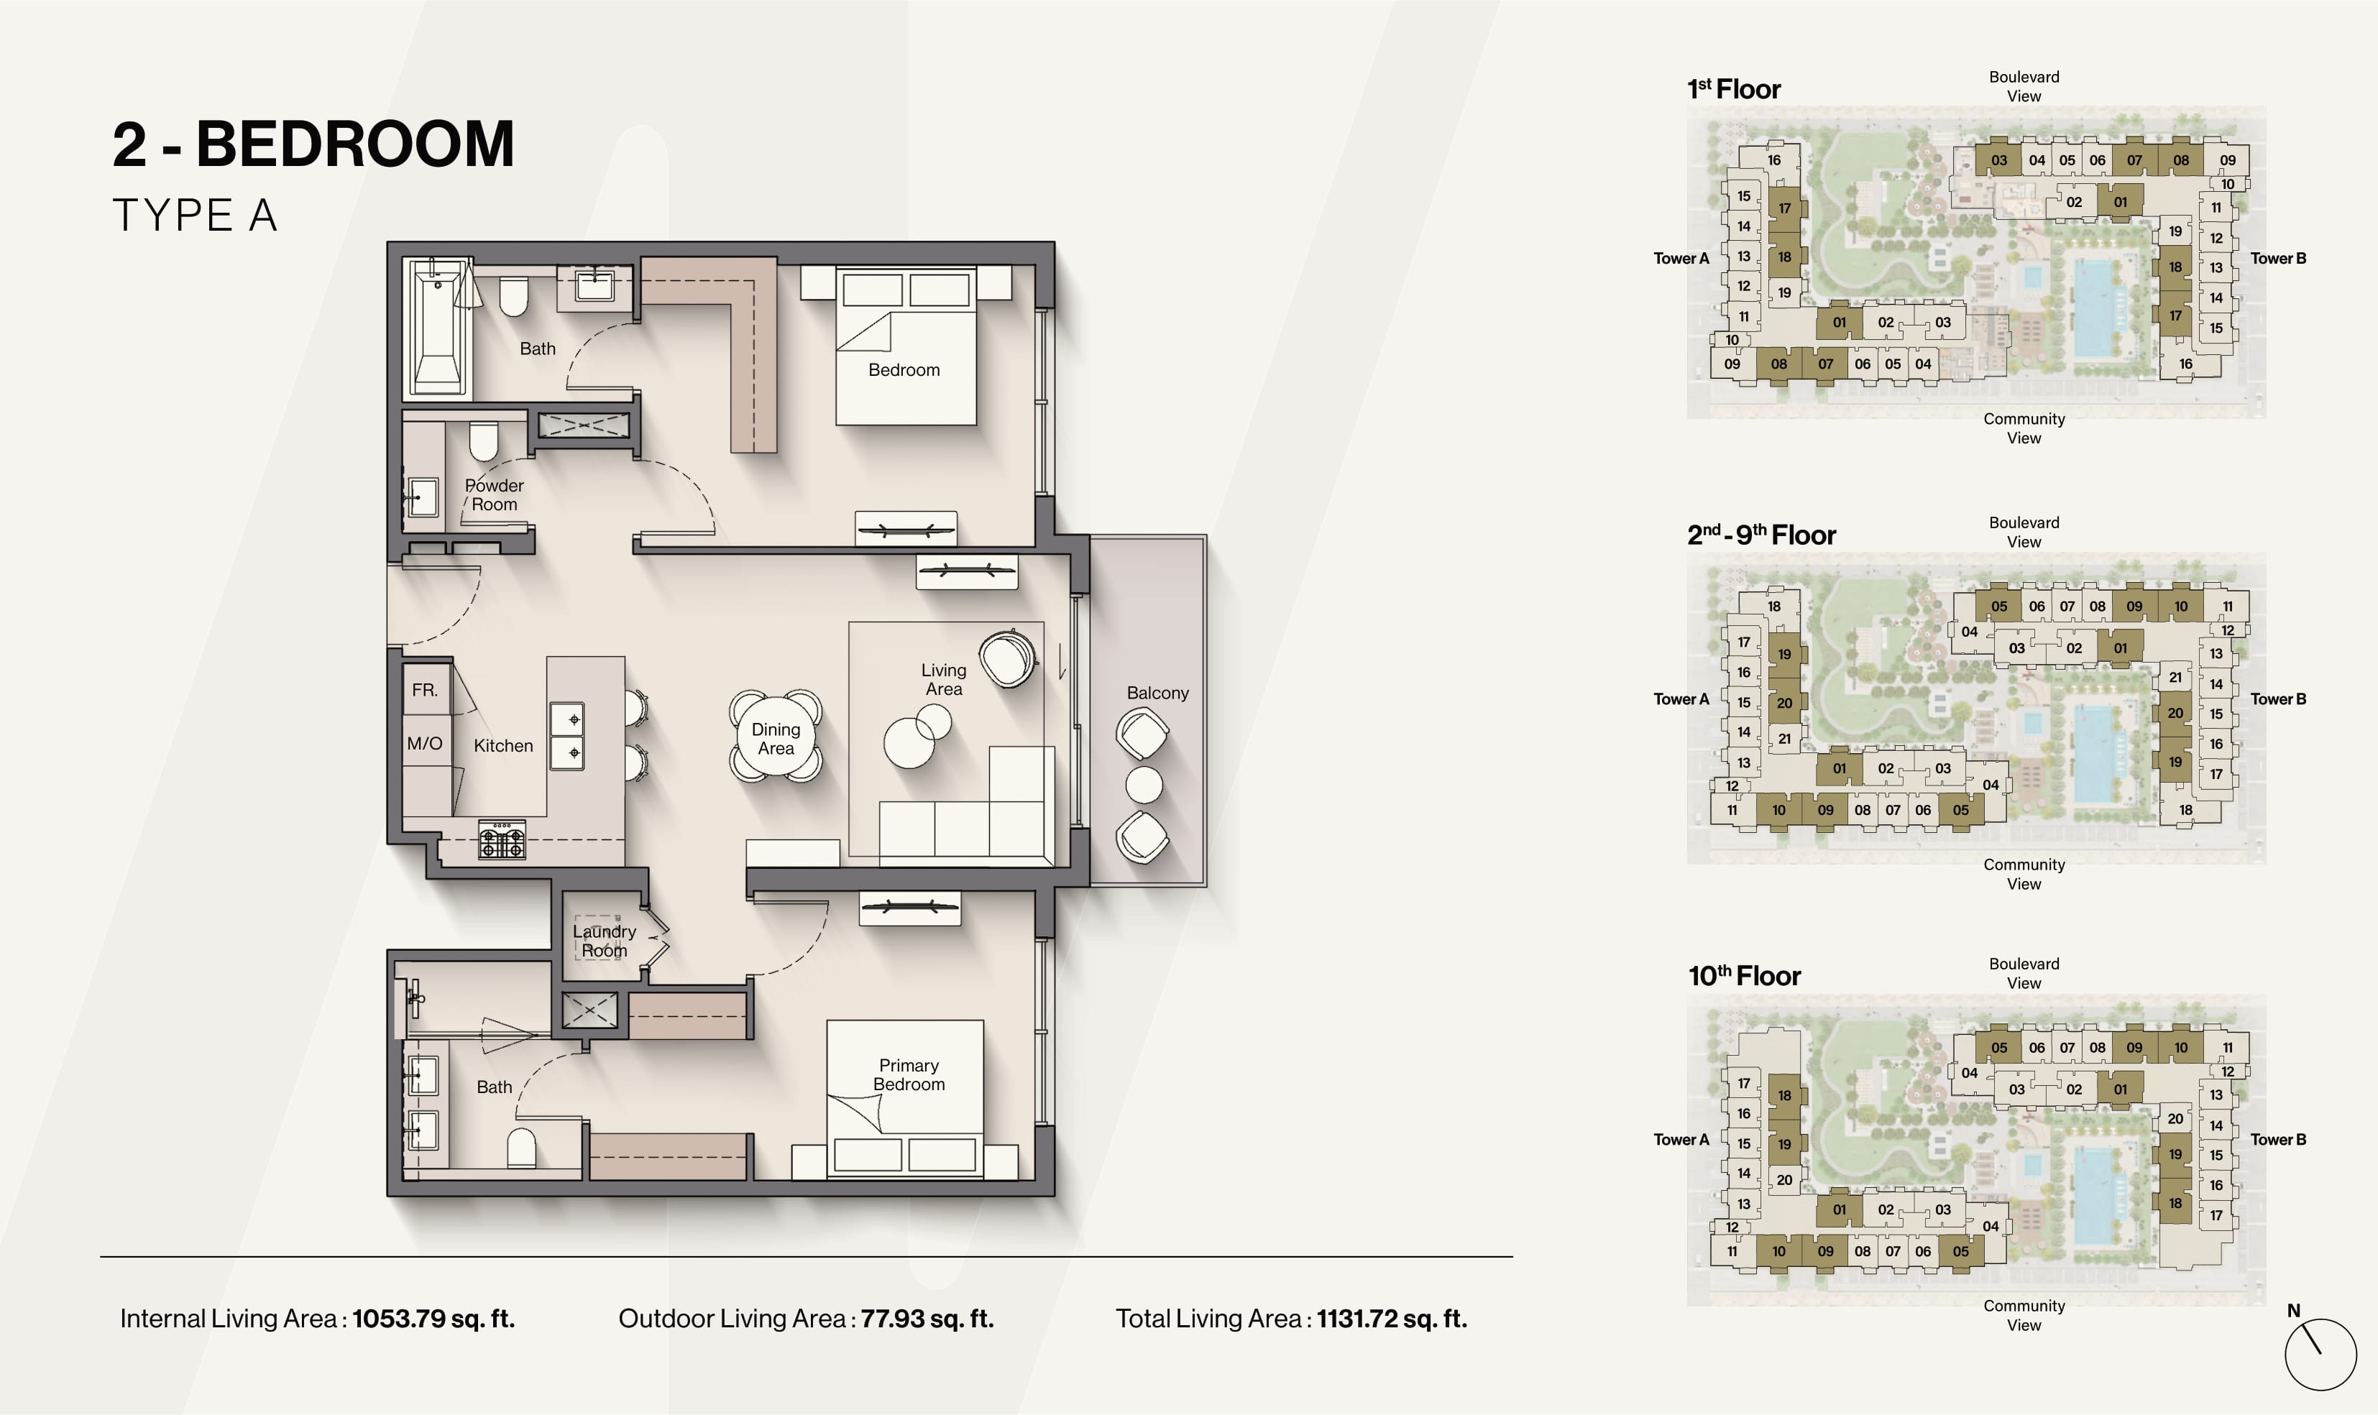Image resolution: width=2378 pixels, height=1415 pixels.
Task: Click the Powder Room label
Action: [x=494, y=495]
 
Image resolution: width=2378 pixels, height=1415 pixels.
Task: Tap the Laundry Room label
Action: [x=605, y=941]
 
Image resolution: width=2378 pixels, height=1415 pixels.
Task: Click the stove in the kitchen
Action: [x=502, y=839]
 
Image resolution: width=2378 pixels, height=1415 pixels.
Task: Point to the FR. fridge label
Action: [x=426, y=689]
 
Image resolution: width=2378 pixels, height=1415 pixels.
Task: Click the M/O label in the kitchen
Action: [x=424, y=743]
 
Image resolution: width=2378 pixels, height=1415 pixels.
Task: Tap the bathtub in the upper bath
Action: [x=438, y=326]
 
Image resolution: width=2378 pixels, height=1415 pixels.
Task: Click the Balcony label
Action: [x=1157, y=693]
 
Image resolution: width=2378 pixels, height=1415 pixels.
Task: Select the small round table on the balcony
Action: [x=1144, y=785]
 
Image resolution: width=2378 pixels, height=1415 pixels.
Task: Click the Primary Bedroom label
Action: [x=909, y=1074]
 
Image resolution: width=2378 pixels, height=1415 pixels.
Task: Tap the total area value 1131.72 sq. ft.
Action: [x=1392, y=1319]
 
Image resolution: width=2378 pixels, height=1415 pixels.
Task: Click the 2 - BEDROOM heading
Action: [x=313, y=145]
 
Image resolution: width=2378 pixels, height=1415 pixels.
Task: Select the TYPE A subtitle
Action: [x=196, y=216]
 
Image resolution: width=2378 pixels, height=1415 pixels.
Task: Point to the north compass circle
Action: [x=2320, y=1355]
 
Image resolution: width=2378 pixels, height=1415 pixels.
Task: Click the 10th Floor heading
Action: [x=1744, y=975]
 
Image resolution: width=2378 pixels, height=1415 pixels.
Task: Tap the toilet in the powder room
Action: [x=483, y=441]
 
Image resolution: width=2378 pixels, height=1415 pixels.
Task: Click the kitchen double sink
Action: [x=566, y=736]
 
